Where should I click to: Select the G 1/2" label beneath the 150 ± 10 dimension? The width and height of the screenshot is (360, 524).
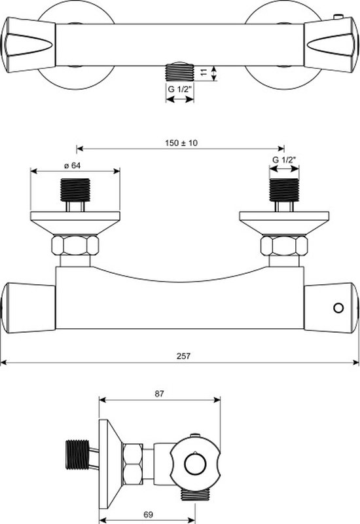tap(283, 160)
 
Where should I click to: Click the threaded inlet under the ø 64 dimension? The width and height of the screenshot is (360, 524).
tap(75, 191)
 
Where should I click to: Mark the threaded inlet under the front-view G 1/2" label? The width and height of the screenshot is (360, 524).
tap(284, 190)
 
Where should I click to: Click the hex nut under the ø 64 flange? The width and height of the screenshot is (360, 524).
tap(75, 246)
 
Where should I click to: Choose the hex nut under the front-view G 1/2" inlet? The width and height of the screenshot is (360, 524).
tap(284, 246)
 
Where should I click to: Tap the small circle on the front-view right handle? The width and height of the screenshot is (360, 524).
tap(338, 307)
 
